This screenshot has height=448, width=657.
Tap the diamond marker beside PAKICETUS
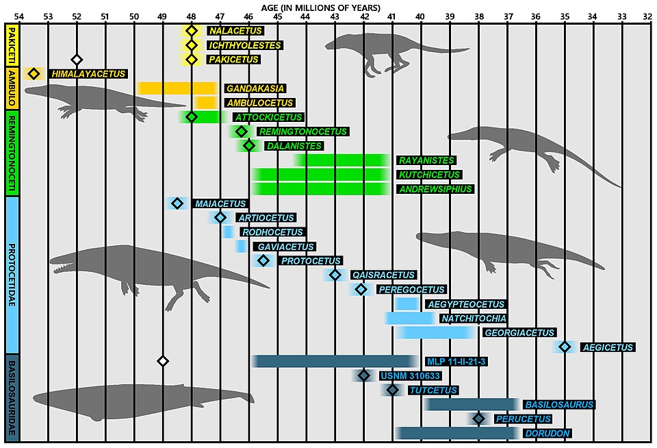tap(192, 60)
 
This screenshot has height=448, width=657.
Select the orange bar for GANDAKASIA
tap(177, 88)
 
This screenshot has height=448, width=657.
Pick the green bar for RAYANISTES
tap(343, 160)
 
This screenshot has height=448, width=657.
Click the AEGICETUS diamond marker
tap(565, 347)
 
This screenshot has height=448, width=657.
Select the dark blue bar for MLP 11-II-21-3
tap(335, 361)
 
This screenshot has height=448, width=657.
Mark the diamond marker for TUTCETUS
tap(392, 390)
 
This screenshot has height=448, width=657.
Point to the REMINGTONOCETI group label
tap(12, 154)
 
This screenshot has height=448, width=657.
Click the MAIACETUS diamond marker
tap(177, 203)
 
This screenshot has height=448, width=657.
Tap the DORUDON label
tap(547, 433)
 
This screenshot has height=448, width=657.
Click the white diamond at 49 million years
tap(163, 361)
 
